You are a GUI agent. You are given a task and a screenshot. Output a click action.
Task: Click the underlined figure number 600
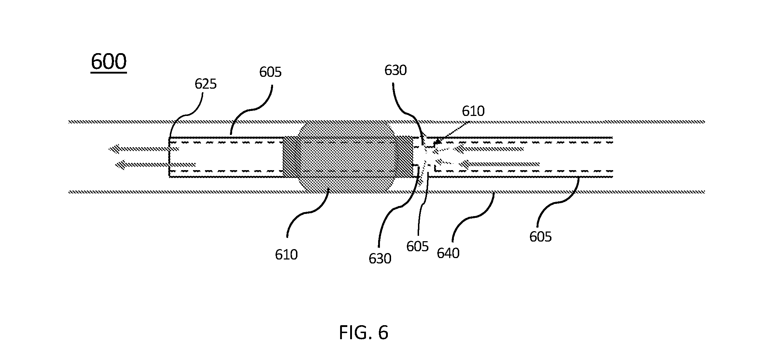click(109, 62)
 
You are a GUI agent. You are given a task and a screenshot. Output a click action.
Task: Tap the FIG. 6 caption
click(363, 333)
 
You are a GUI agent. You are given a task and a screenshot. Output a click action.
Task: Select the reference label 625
click(206, 84)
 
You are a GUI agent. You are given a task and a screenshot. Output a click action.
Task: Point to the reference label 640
click(448, 253)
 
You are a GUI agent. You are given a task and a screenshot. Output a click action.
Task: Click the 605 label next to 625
click(271, 72)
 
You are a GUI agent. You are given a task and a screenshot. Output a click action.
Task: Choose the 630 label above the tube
click(395, 70)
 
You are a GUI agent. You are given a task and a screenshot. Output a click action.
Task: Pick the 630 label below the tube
click(380, 258)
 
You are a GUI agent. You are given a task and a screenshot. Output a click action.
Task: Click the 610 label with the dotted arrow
click(473, 111)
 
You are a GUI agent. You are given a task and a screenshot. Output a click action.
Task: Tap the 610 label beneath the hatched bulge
click(286, 254)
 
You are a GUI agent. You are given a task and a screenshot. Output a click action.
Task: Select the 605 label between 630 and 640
click(418, 247)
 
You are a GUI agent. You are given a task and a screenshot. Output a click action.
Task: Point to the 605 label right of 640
click(541, 237)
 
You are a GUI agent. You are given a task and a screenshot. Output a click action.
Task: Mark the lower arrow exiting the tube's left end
click(155, 165)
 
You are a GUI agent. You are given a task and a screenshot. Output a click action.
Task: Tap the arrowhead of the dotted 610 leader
click(437, 142)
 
